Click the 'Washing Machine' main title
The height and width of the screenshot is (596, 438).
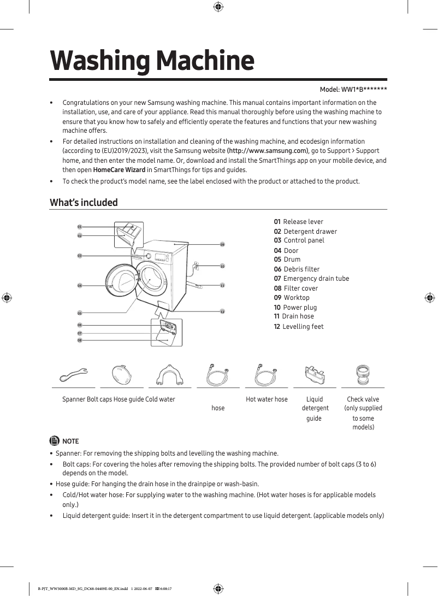152,61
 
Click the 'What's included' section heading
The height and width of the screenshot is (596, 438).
84,203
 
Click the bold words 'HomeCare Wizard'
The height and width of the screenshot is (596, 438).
119,170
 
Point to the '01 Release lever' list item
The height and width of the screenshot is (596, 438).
299,222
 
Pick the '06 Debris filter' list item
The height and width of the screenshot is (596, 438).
297,269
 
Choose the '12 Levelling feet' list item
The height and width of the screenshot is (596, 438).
299,327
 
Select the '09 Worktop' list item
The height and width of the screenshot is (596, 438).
292,298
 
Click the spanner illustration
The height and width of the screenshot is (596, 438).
74,375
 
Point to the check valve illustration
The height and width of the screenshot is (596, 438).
363,375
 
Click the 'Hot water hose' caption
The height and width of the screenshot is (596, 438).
267,399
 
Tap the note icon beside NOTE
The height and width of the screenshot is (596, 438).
55,441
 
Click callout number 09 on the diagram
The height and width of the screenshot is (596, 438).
222,244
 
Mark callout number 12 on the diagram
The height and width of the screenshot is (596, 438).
222,311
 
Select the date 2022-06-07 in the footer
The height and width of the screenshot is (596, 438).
143,589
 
